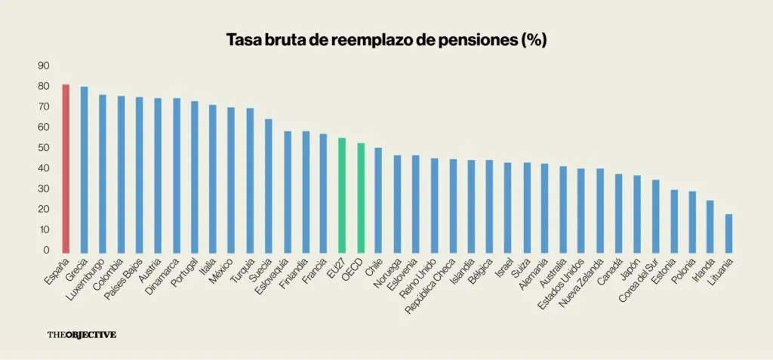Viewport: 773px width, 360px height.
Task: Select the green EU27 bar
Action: tap(342, 195)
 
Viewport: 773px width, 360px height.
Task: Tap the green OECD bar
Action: tap(360, 198)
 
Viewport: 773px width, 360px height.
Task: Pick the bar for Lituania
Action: tap(728, 233)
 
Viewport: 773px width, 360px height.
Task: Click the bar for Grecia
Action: tap(84, 170)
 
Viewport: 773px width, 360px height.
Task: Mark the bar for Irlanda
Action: tap(710, 226)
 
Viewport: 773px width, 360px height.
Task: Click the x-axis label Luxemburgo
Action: tap(88, 281)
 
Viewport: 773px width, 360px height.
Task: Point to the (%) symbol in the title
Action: tap(534, 41)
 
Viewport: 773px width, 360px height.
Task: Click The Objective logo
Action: tap(82, 334)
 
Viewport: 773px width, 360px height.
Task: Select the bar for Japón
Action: tap(636, 214)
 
